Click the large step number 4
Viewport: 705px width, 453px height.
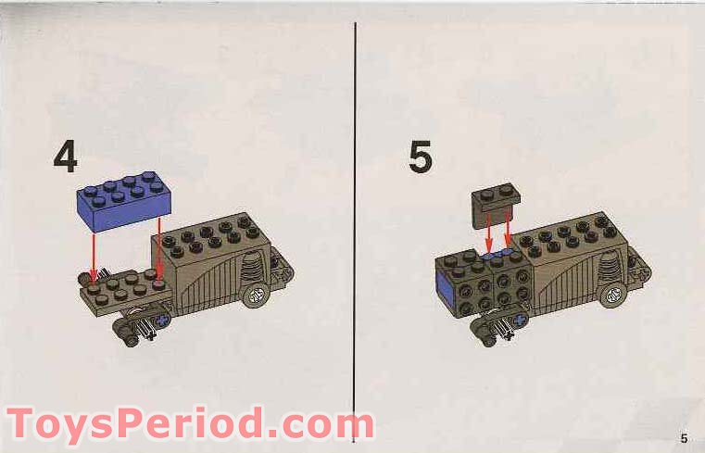[65, 157]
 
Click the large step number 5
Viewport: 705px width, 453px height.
[421, 157]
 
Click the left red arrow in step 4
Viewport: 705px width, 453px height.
[94, 250]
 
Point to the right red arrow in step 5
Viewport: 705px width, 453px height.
[509, 235]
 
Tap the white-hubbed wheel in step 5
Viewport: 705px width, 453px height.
[611, 296]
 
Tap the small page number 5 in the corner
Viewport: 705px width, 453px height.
[683, 437]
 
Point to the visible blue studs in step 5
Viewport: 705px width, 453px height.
[499, 253]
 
